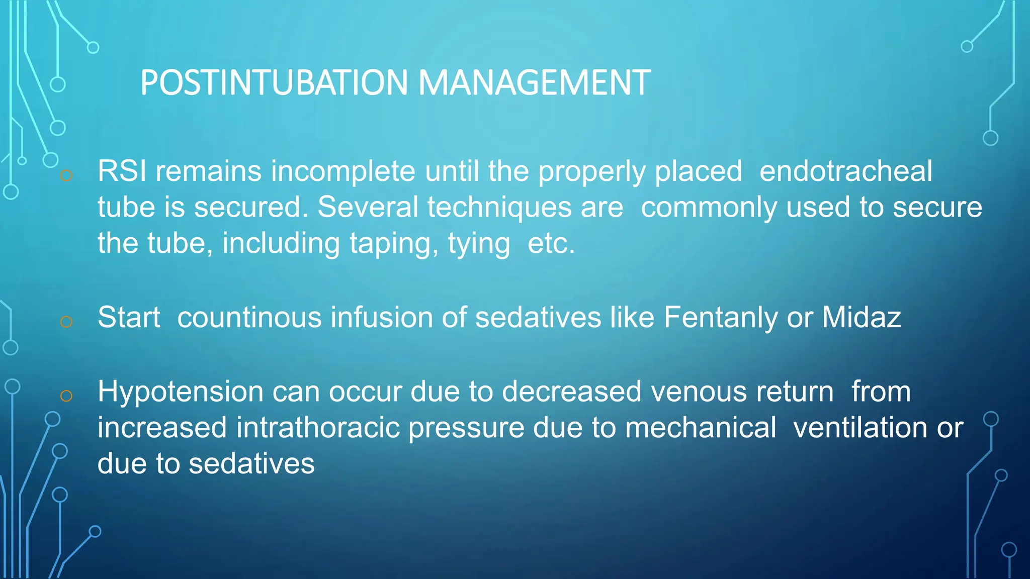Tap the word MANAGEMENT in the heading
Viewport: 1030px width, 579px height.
(x=534, y=83)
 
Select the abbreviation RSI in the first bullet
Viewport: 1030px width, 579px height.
(x=122, y=171)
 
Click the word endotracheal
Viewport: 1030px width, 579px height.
(x=845, y=171)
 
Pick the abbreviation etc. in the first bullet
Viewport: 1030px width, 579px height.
(x=551, y=243)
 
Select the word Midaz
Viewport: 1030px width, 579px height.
(x=861, y=318)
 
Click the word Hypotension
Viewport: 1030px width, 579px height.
(x=181, y=392)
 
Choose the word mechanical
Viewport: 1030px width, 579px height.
(x=701, y=428)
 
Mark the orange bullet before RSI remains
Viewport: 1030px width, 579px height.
(x=66, y=175)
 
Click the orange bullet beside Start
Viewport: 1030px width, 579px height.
(x=66, y=322)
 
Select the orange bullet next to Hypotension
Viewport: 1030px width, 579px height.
(x=66, y=396)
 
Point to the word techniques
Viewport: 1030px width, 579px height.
(x=499, y=207)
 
